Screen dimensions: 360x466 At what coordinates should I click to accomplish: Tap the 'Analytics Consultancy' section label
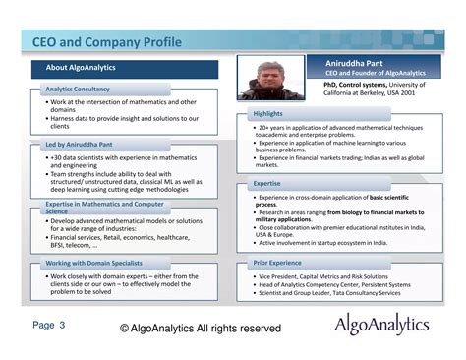pos(79,90)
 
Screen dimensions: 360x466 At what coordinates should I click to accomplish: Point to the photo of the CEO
pos(271,78)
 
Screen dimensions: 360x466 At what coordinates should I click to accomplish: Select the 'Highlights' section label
pos(268,114)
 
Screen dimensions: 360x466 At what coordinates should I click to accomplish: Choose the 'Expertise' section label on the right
pos(267,183)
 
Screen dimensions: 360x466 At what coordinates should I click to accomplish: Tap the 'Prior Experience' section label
pos(278,264)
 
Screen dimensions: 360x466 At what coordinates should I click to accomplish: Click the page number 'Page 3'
pos(49,324)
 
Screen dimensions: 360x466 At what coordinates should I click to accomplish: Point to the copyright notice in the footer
pos(201,328)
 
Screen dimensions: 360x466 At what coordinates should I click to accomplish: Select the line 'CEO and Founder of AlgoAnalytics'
pos(375,73)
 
